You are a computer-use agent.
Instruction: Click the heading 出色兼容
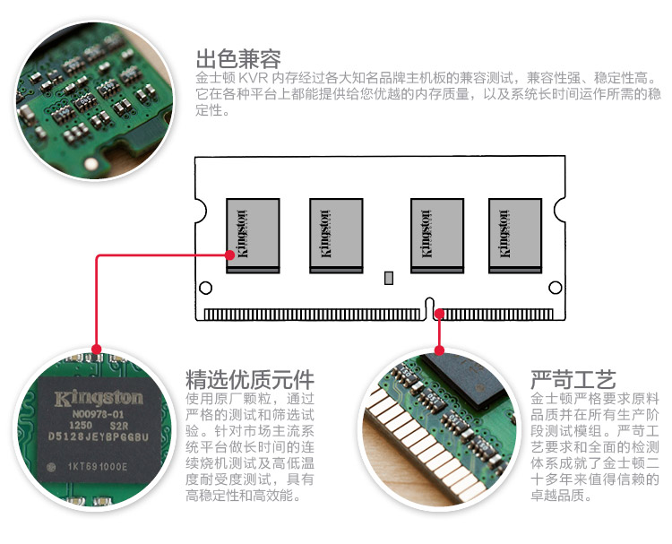238,59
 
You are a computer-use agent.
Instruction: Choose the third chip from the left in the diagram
436,235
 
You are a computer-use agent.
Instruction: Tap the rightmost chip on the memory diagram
515,235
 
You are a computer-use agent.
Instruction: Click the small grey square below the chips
389,277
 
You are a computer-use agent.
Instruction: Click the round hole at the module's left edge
205,289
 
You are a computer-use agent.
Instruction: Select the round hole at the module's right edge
556,289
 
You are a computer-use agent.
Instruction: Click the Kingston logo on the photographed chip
99,397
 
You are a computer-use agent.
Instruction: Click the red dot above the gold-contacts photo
439,350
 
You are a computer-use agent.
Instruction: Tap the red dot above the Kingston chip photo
97,350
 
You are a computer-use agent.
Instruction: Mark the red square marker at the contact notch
439,314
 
